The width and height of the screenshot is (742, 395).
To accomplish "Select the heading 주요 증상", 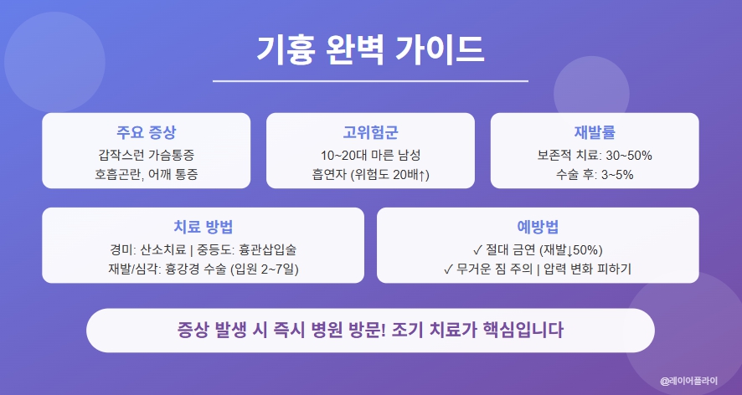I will point(146,133).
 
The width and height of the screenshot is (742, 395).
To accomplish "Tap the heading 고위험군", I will point(370,133).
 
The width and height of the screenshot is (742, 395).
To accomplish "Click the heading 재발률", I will point(595,133).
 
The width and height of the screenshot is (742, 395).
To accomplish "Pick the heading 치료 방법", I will point(203,228).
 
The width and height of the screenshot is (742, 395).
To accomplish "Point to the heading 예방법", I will point(538,228).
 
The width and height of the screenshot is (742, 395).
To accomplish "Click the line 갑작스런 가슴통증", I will point(146,155).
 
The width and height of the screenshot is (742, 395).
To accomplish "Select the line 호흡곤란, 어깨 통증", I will point(146,174).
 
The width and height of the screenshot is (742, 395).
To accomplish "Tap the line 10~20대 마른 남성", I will point(370,155).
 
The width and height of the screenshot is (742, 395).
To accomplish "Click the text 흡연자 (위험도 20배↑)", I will point(370,174).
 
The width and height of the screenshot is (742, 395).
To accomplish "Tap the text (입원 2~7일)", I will point(269,269).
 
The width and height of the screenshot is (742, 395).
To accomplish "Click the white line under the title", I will point(370,81).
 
